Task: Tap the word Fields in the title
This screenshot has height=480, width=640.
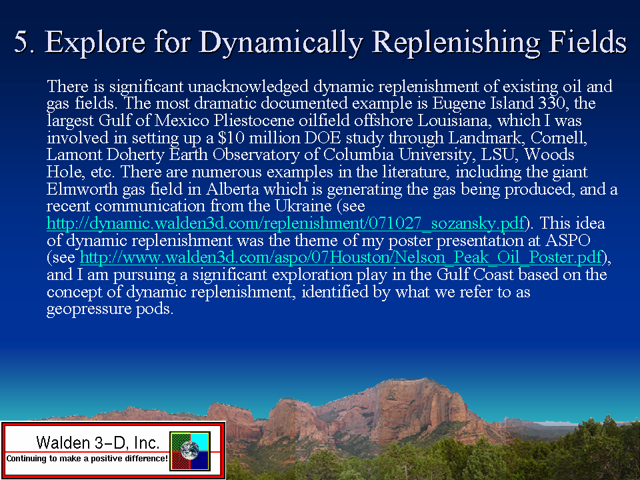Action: (588, 41)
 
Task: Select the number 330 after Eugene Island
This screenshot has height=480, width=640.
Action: (552, 103)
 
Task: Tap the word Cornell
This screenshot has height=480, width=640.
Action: (559, 138)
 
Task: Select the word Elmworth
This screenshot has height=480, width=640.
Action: (82, 189)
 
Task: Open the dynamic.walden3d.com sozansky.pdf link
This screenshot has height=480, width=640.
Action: (286, 223)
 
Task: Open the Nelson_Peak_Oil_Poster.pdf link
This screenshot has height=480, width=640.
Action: (341, 257)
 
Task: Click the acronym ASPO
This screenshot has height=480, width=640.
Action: (568, 240)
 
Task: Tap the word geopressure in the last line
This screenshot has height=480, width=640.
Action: (89, 309)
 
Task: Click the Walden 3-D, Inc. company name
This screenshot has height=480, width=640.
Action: (97, 442)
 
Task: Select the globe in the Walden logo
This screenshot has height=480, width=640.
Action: (190, 451)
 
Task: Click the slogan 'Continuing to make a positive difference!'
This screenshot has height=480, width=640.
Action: (87, 459)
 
